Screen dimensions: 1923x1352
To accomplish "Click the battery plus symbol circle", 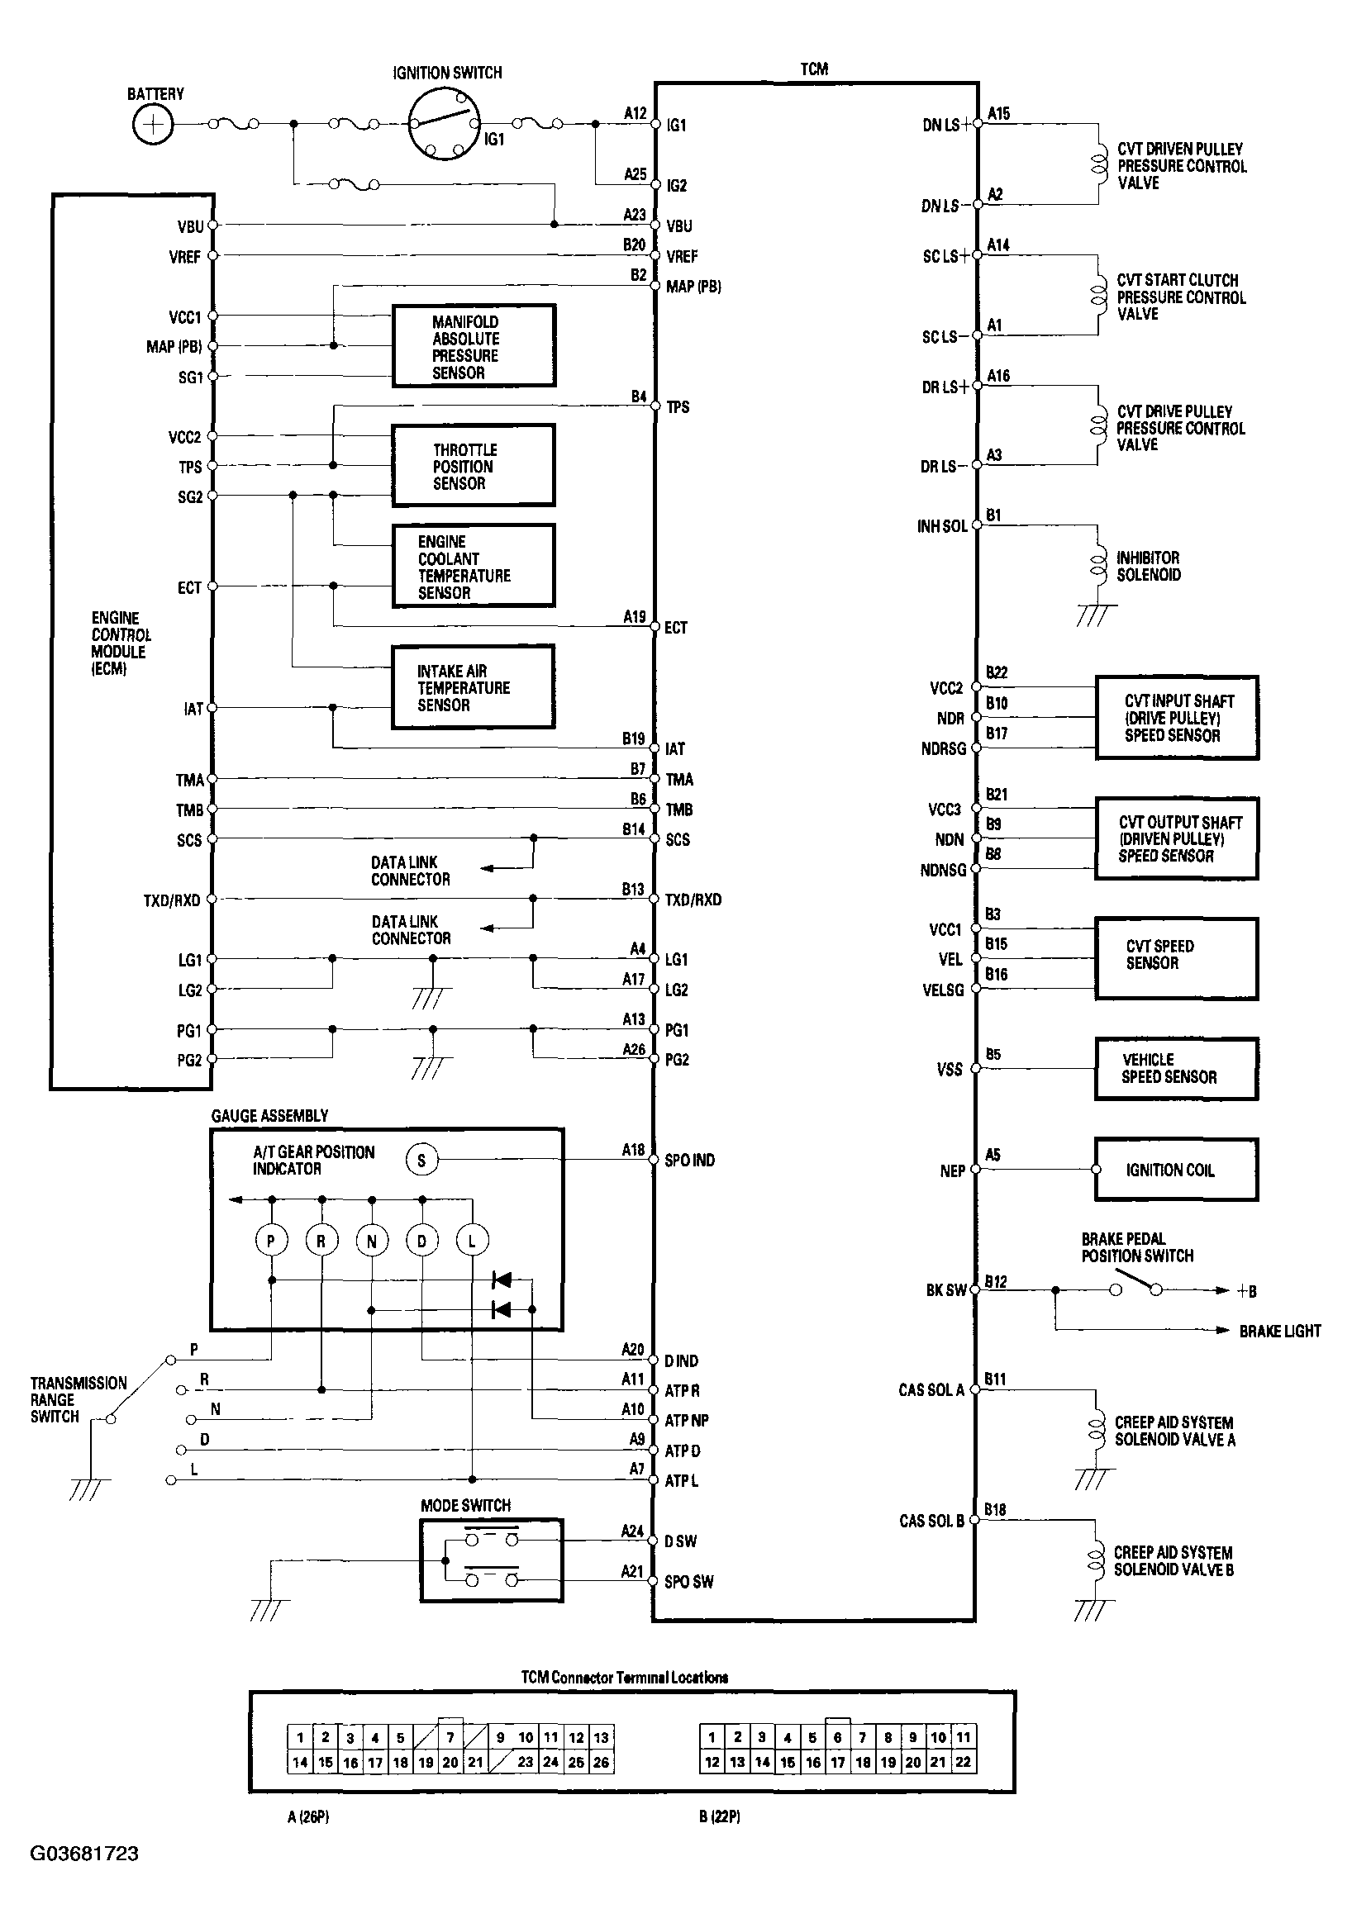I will pyautogui.click(x=152, y=125).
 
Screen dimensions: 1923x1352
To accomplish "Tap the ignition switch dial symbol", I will pyautogui.click(x=444, y=125).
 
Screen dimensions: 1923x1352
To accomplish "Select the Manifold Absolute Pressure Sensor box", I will pyautogui.click(x=474, y=346).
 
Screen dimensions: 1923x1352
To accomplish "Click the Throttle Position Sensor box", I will pyautogui.click(x=474, y=466).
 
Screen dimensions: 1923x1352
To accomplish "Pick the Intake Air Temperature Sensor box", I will pyautogui.click(x=474, y=686).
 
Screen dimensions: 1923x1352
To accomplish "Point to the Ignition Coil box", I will pyautogui.click(x=1176, y=1170).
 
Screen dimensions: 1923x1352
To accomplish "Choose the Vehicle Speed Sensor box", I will pyautogui.click(x=1176, y=1069).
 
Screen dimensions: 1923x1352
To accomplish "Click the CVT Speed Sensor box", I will pyautogui.click(x=1176, y=959).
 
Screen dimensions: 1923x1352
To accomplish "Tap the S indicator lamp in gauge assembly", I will pyautogui.click(x=421, y=1160).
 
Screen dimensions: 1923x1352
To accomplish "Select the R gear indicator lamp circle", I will pyautogui.click(x=321, y=1241).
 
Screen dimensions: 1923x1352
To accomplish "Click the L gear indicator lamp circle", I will pyautogui.click(x=472, y=1241).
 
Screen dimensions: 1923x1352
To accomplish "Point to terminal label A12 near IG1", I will pyautogui.click(x=635, y=113).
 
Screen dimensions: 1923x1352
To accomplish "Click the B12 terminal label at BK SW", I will pyautogui.click(x=996, y=1281).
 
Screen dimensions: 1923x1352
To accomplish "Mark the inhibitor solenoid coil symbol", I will pyautogui.click(x=1097, y=565).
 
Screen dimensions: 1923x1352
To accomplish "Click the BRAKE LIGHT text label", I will pyautogui.click(x=1279, y=1332).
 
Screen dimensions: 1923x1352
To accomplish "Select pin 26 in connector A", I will pyautogui.click(x=601, y=1762).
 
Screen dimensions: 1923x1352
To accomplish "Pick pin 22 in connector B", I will pyautogui.click(x=964, y=1762).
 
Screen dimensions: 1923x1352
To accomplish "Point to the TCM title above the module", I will pyautogui.click(x=814, y=69).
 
